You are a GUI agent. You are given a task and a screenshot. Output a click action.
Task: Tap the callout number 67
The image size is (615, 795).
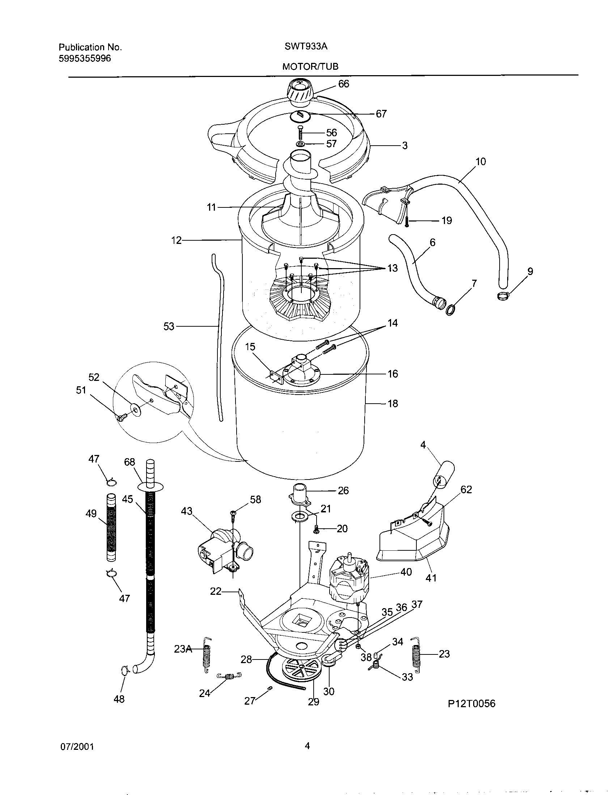(x=381, y=114)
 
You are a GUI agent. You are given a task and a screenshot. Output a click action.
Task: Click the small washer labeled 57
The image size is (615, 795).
(x=301, y=145)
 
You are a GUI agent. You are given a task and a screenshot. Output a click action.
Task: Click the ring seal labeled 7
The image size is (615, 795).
(x=451, y=310)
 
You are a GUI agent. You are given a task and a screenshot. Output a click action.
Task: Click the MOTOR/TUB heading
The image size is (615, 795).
(x=310, y=66)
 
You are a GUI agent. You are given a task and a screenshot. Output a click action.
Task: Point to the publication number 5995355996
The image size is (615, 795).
(x=85, y=58)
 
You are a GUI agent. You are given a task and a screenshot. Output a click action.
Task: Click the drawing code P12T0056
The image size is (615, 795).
(x=471, y=704)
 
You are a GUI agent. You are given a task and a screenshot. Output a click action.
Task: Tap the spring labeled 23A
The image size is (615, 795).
(x=207, y=655)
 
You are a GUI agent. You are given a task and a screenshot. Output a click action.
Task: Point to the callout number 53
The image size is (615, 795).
(x=169, y=327)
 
